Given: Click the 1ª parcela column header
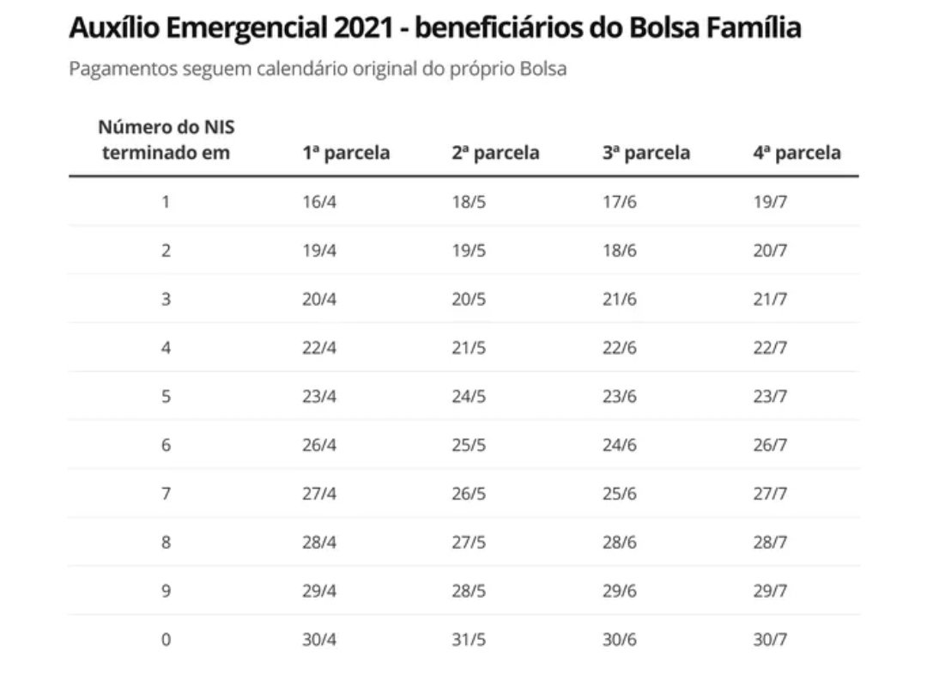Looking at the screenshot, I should click(x=345, y=153).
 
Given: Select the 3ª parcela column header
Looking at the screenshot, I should click(x=645, y=153).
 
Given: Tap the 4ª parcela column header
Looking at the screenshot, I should click(x=797, y=153).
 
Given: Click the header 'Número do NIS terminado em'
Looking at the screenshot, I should click(x=166, y=140).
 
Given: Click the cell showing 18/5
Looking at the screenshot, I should click(x=469, y=202).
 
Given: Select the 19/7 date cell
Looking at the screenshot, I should click(x=770, y=202).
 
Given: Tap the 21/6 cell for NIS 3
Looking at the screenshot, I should click(x=620, y=299).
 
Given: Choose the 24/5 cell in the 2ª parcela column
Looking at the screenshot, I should click(x=469, y=396).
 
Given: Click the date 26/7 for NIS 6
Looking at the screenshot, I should click(x=770, y=445).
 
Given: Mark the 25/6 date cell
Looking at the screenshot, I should click(x=620, y=494).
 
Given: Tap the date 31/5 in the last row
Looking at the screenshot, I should click(x=469, y=640).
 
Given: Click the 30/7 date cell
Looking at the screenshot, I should click(x=770, y=640).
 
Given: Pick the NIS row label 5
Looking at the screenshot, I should click(x=166, y=396).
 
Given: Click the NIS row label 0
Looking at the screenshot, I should click(x=166, y=640).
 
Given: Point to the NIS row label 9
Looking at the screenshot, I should click(x=166, y=591).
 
